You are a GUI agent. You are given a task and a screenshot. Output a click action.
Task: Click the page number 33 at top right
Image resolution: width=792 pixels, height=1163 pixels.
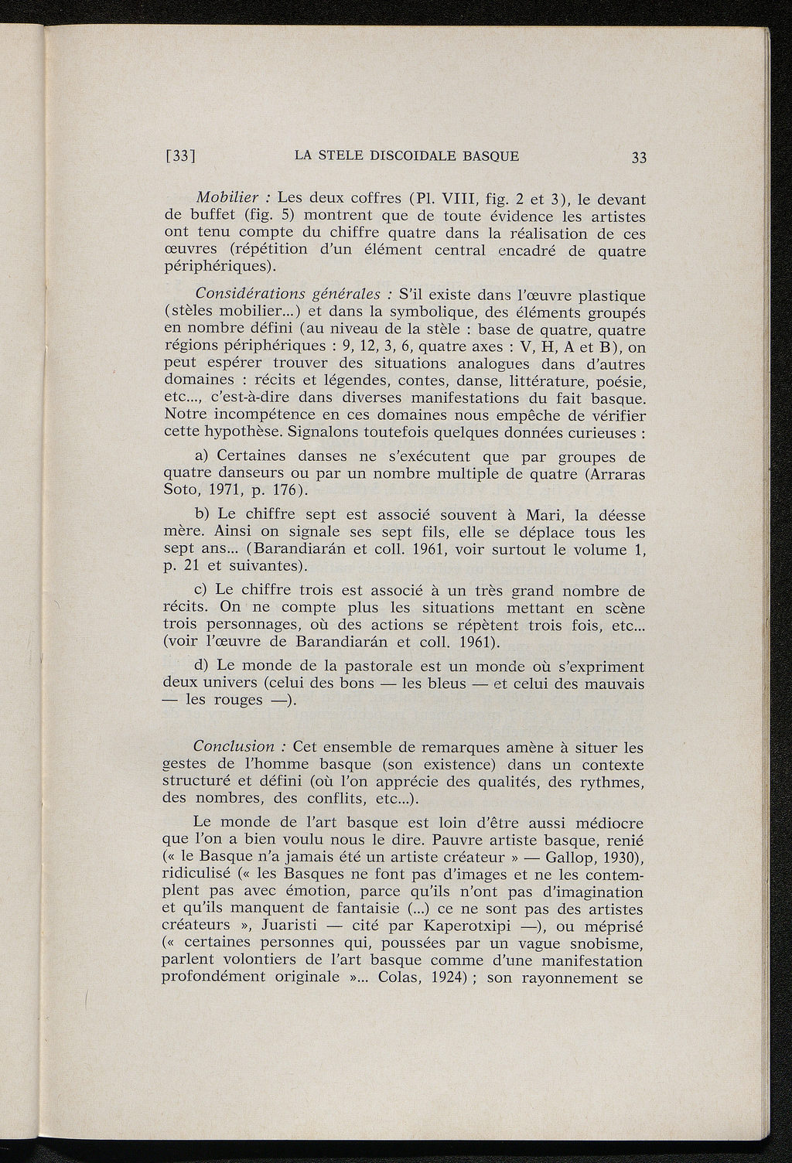click(x=638, y=157)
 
